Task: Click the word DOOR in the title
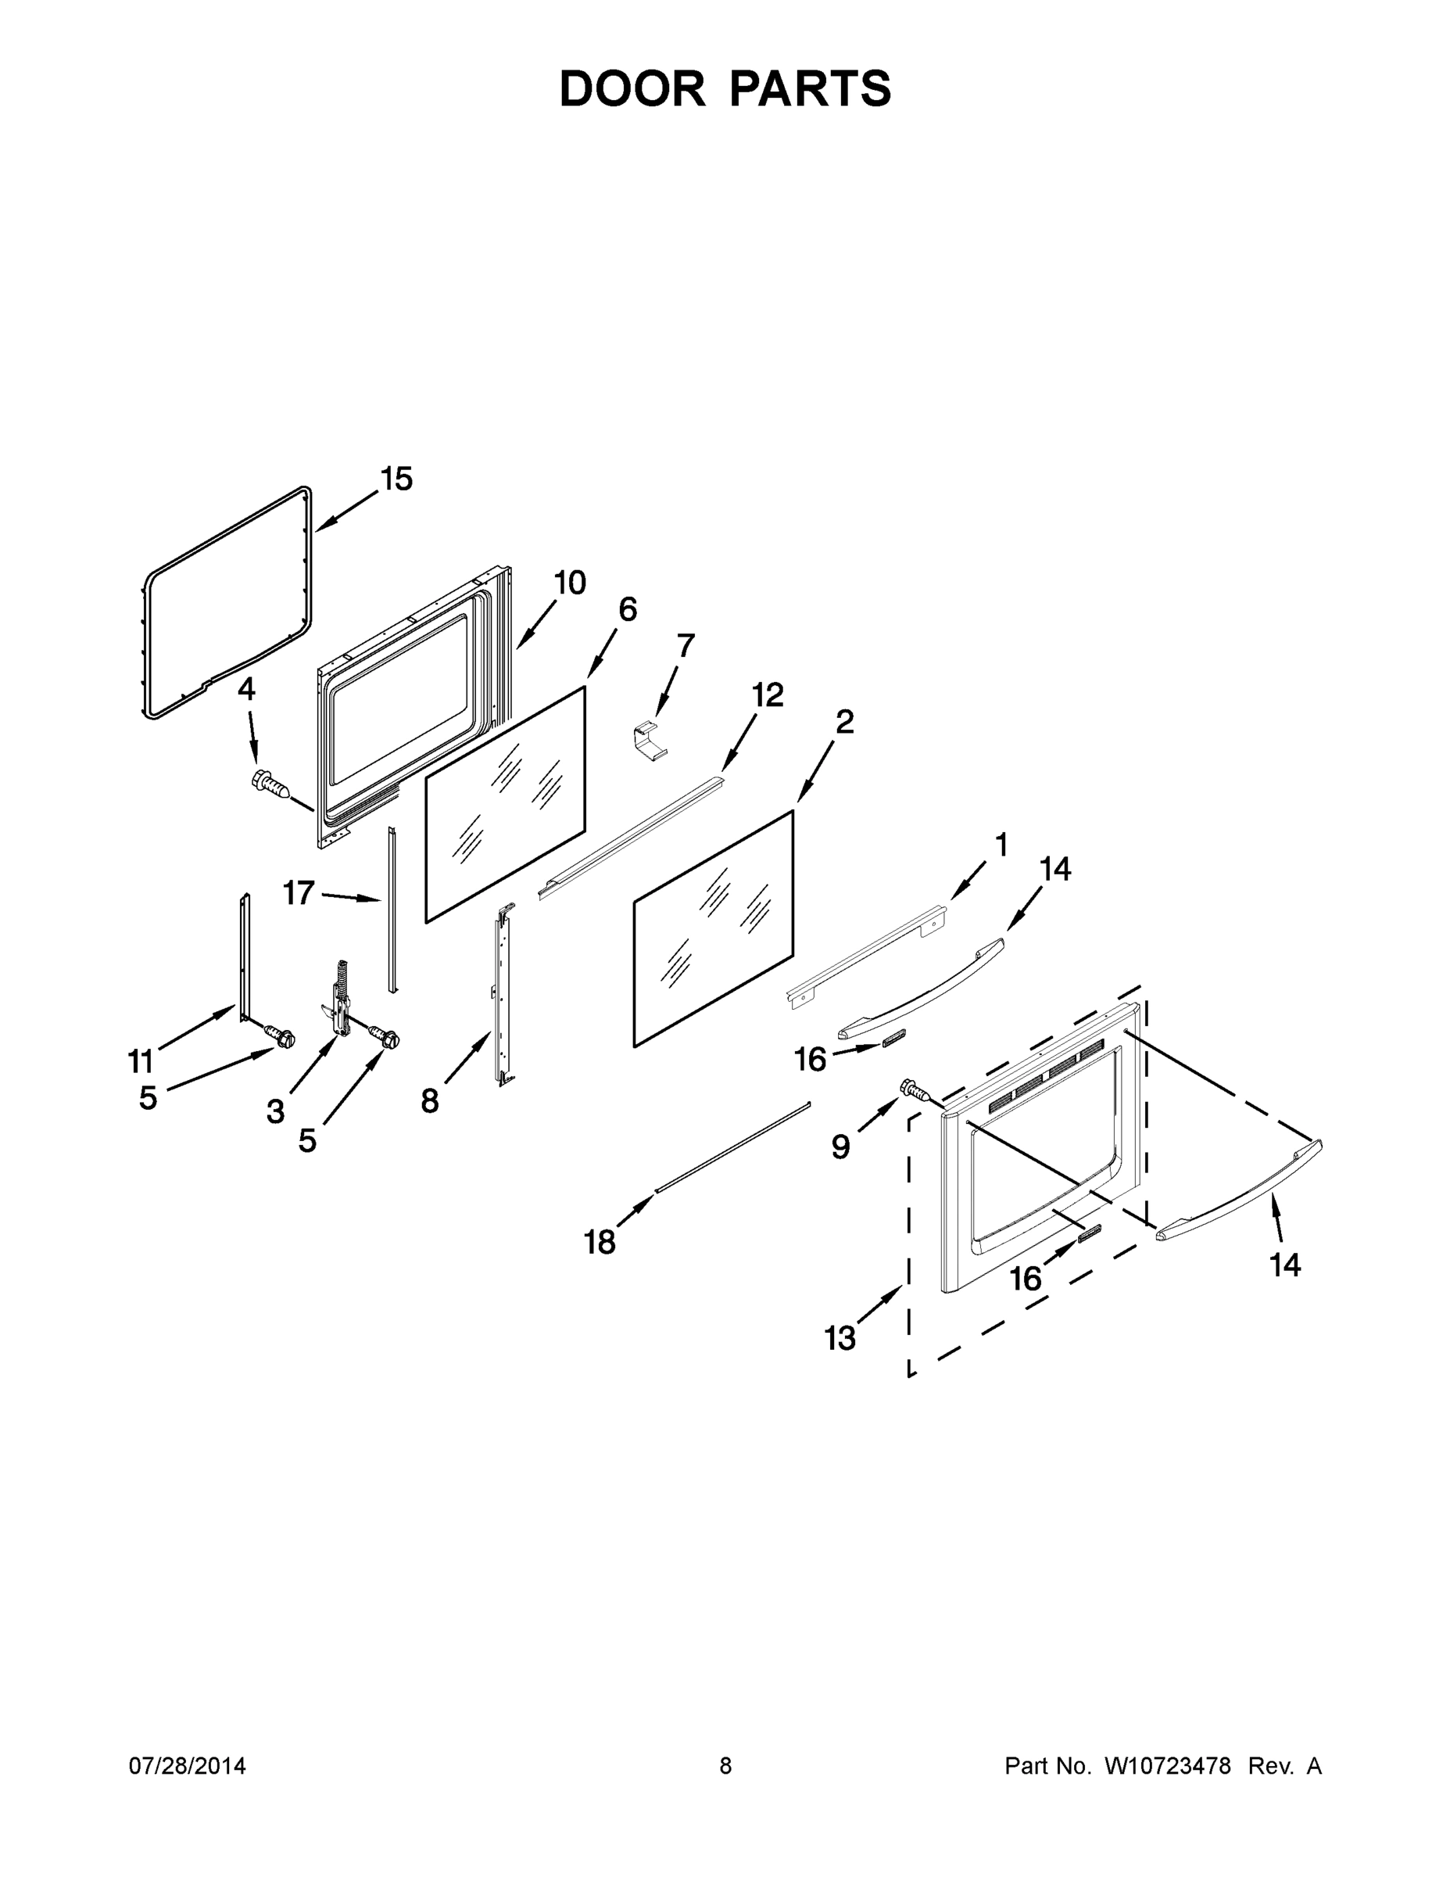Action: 632,88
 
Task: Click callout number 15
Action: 396,479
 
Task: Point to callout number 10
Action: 570,583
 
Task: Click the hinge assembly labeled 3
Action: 340,1000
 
